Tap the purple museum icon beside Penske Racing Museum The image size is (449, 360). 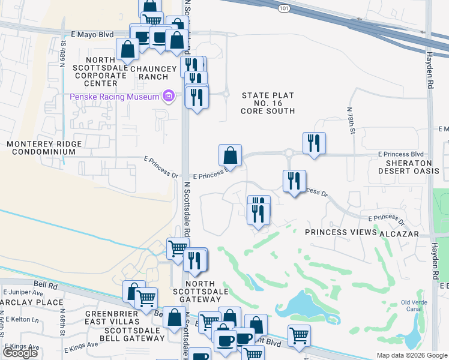(169, 96)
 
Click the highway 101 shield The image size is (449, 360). (284, 8)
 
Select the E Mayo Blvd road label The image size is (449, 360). (92, 35)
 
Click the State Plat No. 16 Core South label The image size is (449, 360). (268, 103)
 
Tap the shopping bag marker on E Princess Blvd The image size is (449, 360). (231, 156)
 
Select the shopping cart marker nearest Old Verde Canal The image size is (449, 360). (299, 336)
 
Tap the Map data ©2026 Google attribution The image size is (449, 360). (412, 355)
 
